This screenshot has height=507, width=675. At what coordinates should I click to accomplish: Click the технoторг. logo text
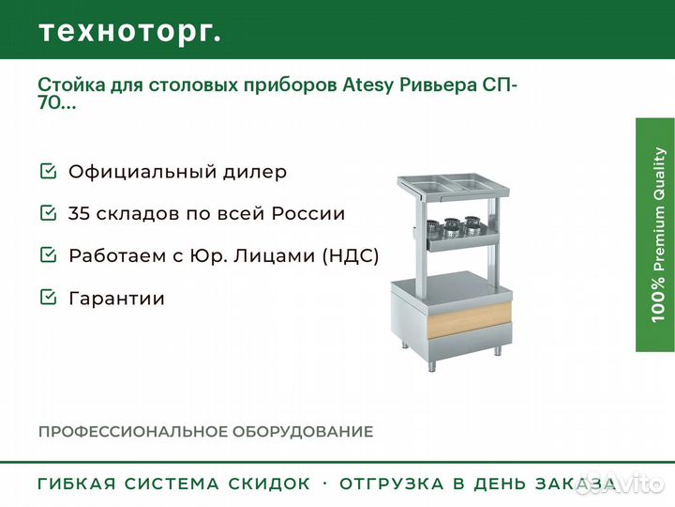[x=130, y=32]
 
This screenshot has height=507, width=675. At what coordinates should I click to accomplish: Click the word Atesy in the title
[x=368, y=85]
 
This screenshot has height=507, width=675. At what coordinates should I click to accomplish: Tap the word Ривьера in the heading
[x=438, y=85]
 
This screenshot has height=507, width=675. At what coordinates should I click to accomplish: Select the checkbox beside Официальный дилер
[x=48, y=171]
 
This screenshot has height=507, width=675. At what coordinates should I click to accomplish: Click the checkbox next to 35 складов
[x=48, y=212]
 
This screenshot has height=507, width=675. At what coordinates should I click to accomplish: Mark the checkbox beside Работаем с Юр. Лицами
[x=48, y=254]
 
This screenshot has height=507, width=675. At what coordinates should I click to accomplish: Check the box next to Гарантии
[x=48, y=297]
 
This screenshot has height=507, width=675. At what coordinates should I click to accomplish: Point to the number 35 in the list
[x=79, y=213]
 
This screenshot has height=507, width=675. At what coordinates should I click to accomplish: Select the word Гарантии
[x=116, y=299]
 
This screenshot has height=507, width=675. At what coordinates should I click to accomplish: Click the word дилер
[x=254, y=172]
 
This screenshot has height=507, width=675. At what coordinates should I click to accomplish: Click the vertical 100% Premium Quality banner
[x=655, y=235]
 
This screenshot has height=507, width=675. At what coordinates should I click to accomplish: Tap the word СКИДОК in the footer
[x=269, y=484]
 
